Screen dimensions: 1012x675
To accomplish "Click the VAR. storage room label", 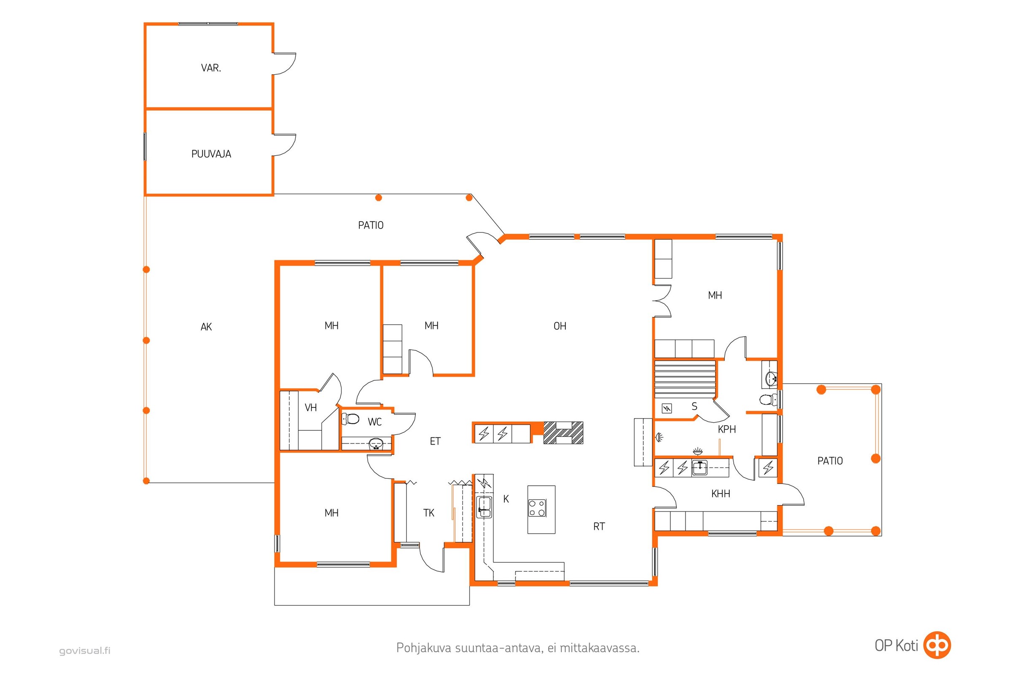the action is [x=211, y=68].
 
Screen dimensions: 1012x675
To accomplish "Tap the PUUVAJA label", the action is [x=211, y=154].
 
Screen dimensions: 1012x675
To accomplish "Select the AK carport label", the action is [x=206, y=327].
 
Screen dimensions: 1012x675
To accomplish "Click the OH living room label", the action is [x=560, y=326].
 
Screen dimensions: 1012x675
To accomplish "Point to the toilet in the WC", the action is [x=351, y=418].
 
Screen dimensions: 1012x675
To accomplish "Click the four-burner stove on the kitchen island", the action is [x=537, y=508].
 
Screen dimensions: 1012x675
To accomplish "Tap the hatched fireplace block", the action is [x=563, y=433].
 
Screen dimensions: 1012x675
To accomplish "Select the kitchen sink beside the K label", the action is [x=484, y=507].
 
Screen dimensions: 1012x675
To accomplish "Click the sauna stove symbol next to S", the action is [x=667, y=408].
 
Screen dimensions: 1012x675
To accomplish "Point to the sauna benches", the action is [x=685, y=379].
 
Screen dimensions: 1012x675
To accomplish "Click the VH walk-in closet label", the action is [x=311, y=408].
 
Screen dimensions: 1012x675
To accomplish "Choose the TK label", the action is [x=428, y=513].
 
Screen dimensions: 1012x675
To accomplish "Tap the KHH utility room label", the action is [x=721, y=494].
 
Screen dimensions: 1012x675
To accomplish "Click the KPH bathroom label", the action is [x=727, y=429].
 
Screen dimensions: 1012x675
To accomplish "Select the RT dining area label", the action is [x=599, y=526].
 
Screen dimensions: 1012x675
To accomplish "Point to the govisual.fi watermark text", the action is [x=85, y=651].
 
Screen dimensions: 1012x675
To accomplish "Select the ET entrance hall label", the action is [x=435, y=441].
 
